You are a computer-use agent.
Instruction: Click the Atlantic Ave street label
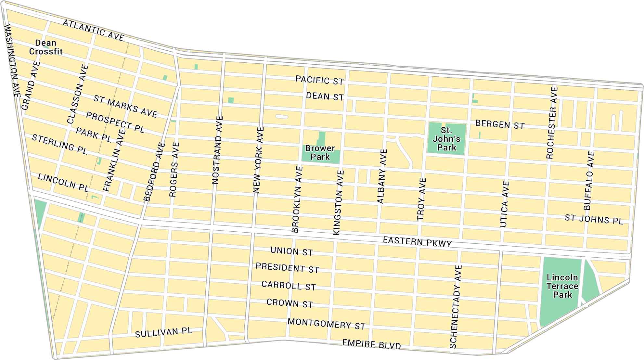94,31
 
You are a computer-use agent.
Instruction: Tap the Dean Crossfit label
46,47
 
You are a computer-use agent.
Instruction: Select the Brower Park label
320,153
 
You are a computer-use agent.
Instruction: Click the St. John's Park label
446,139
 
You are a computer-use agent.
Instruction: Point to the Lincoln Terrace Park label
562,286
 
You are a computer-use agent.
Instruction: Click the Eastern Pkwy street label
417,242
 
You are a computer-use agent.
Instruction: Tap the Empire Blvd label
372,344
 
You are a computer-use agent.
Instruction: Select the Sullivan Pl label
164,332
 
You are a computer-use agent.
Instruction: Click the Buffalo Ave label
589,180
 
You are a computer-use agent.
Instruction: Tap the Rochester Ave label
552,123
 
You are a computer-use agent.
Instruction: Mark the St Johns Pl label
594,219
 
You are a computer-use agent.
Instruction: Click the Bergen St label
500,124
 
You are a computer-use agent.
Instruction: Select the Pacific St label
319,80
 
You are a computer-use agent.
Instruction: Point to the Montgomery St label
327,324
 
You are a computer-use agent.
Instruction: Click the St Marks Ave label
125,106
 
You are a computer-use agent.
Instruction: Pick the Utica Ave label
505,204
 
